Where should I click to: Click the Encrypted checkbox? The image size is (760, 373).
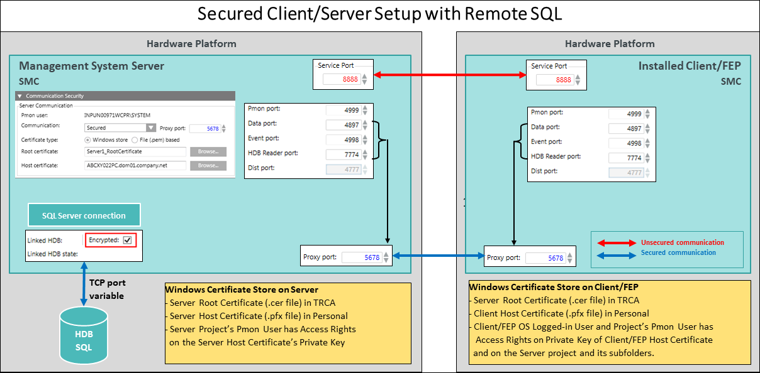[x=127, y=240]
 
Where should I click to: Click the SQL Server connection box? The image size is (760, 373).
[x=84, y=215]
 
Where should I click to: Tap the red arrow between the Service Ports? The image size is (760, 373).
[x=450, y=75]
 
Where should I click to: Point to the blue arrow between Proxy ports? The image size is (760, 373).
[x=439, y=256]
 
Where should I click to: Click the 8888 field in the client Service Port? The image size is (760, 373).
[x=554, y=80]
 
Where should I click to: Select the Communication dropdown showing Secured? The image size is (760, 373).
[x=120, y=127]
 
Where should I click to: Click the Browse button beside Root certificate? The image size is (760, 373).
[x=208, y=151]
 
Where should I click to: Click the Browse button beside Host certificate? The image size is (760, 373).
[x=208, y=165]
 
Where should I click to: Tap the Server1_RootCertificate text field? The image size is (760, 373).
[x=135, y=151]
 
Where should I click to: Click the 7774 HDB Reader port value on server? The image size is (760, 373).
[x=343, y=154]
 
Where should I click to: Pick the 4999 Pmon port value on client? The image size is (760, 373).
[x=626, y=114]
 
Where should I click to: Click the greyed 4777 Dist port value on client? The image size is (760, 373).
[x=626, y=172]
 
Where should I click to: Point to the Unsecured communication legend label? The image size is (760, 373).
[x=682, y=242]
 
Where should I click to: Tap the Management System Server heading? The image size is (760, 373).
[x=91, y=66]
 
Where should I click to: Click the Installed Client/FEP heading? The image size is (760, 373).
[x=690, y=66]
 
